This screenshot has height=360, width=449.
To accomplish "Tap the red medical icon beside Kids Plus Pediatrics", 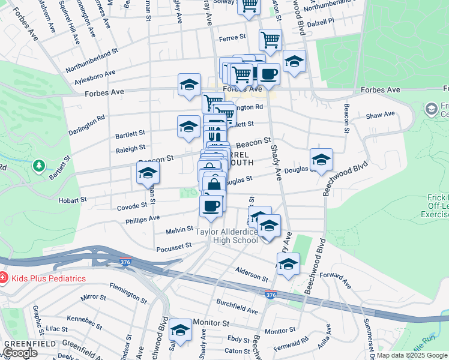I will tap(4, 278).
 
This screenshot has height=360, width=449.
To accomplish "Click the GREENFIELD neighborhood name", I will tap(23, 343).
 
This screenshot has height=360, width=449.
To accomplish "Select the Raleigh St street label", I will tap(131, 148).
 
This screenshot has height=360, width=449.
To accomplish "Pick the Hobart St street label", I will tap(73, 199).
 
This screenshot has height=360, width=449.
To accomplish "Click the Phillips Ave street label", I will tap(143, 219).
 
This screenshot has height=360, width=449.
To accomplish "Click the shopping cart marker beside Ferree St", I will tap(270, 40).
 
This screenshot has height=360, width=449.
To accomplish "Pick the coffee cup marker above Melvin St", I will tap(211, 206).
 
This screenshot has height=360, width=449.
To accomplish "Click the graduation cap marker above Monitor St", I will tap(179, 330).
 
